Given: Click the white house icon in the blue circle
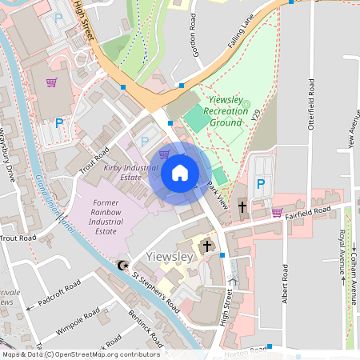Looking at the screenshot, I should pyautogui.click(x=180, y=173).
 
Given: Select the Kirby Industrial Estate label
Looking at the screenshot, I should pyautogui.click(x=132, y=174).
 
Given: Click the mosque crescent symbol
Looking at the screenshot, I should pyautogui.click(x=122, y=265).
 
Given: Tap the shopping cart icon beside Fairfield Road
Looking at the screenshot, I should pyautogui.click(x=277, y=212).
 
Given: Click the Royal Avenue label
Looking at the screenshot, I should pyautogui.click(x=342, y=252).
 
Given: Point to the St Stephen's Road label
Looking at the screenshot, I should pyautogui.click(x=156, y=292).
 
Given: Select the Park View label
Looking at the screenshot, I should pyautogui.click(x=218, y=195).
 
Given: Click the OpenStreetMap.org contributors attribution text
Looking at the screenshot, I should pyautogui.click(x=101, y=354).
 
